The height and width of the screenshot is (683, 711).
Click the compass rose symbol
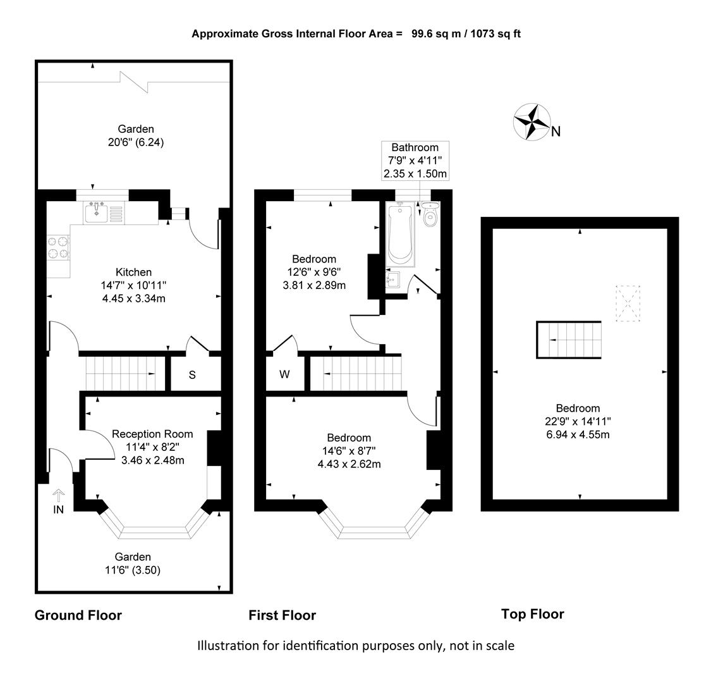532,121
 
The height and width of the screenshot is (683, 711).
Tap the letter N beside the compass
556,132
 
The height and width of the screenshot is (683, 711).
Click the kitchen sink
96,213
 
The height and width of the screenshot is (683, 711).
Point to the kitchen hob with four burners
59,248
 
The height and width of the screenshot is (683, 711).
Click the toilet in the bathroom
429,214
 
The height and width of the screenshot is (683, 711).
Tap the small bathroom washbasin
392,280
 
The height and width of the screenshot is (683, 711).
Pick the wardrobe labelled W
285,374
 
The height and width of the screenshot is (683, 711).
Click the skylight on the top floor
628,304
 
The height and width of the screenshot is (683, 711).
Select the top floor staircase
569,340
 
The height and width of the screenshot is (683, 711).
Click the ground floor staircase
123,374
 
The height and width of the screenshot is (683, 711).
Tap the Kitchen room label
133,273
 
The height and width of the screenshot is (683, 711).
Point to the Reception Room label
152,434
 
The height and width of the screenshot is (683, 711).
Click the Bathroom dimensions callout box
415,161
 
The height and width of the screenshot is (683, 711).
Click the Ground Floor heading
78,615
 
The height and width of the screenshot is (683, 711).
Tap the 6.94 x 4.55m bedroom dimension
578,434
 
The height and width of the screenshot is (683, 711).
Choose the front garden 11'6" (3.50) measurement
133,570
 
